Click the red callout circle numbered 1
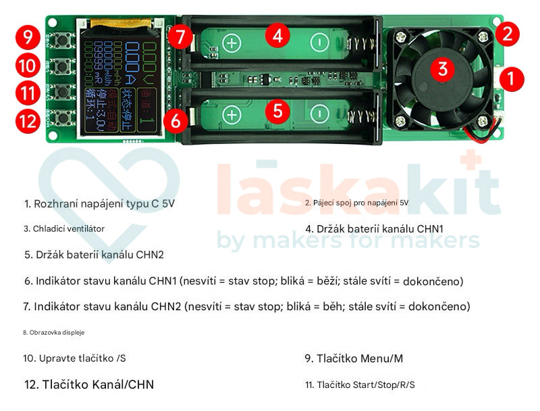511,78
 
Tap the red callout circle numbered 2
507,32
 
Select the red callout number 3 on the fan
443,68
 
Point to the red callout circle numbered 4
277,35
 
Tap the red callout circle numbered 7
180,37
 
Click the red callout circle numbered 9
27,37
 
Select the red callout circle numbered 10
27,66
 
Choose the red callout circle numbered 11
27,93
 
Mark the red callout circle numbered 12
27,122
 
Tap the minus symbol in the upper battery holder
318,43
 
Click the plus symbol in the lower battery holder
232,114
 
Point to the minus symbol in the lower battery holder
318,114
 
